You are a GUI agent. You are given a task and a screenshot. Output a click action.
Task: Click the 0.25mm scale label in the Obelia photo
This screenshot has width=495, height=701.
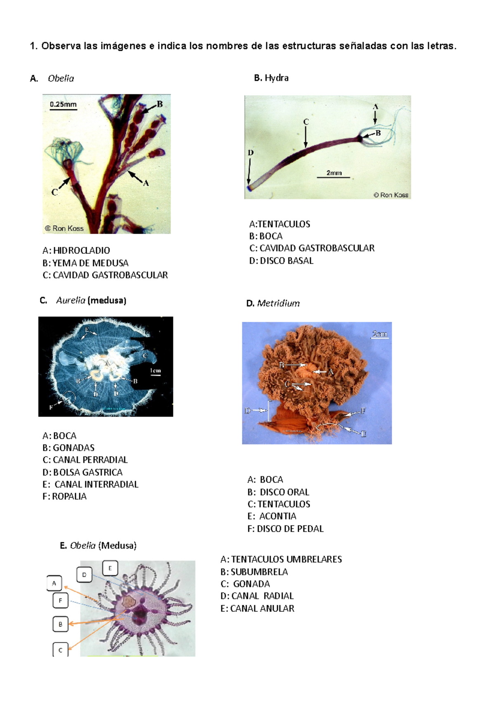(x=63, y=104)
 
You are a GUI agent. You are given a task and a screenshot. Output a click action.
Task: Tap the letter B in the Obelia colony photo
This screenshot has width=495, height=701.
(x=160, y=104)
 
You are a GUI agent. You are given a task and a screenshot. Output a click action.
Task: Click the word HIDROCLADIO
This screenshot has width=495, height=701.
(x=81, y=251)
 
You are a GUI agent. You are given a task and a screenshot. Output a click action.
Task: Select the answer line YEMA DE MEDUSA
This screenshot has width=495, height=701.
(x=85, y=263)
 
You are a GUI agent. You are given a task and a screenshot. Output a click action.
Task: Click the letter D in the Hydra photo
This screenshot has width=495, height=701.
(x=250, y=153)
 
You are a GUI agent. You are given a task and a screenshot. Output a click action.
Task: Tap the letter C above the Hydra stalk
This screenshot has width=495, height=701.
(x=306, y=122)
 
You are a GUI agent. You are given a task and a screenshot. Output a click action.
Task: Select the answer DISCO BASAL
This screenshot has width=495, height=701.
(x=286, y=261)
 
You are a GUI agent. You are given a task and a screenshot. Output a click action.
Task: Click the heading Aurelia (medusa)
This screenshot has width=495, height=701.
(x=91, y=301)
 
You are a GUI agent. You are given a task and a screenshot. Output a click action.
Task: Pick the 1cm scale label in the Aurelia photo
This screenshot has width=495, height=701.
(x=155, y=371)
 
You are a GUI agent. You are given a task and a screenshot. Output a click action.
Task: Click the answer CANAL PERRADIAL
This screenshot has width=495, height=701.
(x=90, y=460)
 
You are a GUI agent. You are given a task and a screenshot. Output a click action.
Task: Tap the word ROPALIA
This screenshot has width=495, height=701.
(x=69, y=497)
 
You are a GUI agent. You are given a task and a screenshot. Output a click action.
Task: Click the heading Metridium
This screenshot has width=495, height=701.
(x=278, y=303)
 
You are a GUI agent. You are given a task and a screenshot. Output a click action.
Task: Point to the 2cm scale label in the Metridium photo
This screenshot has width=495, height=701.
(x=379, y=334)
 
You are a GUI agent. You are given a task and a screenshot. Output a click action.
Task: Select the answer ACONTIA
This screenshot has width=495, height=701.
(x=277, y=516)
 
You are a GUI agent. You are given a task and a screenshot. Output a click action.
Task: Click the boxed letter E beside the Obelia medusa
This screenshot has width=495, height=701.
(x=110, y=568)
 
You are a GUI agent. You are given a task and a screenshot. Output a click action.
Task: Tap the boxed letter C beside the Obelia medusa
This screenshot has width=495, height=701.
(x=60, y=650)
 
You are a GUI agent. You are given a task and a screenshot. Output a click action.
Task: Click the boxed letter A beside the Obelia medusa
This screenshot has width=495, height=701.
(x=54, y=583)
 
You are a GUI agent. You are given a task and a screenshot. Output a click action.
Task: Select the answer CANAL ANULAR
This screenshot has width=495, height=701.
(x=262, y=609)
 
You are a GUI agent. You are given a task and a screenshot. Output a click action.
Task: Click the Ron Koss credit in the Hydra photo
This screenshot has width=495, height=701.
(x=391, y=195)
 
